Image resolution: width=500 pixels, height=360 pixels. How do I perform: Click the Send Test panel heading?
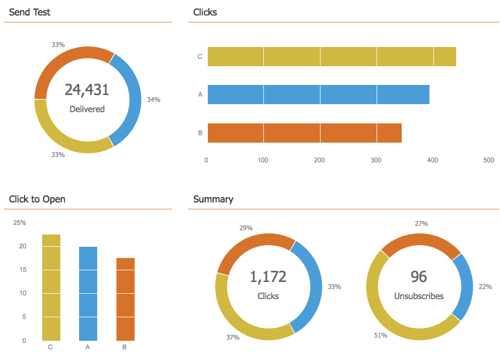[x=29, y=12]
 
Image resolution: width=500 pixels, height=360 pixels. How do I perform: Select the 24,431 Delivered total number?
[x=87, y=90]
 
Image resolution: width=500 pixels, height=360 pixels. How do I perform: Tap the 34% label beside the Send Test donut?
[x=153, y=99]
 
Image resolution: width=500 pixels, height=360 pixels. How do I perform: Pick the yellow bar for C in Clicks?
[x=331, y=57]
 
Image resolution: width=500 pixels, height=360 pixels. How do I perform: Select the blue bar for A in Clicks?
[x=318, y=95]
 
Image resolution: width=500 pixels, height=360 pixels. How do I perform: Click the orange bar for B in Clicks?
[x=304, y=133]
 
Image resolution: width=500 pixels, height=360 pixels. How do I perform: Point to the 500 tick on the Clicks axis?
[x=488, y=160]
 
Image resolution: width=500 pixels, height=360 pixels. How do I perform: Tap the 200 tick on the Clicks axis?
[x=319, y=160]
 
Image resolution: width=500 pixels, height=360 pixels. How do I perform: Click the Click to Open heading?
[x=37, y=199]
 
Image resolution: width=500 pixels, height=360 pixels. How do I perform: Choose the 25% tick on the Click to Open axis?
[x=20, y=223]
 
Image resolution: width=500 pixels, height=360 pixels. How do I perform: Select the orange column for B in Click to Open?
[x=126, y=299]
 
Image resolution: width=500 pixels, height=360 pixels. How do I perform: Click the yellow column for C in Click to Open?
[x=51, y=287]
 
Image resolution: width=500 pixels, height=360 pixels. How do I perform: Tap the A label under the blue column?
[x=88, y=347]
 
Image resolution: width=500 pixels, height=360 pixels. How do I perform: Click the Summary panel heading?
[x=213, y=199]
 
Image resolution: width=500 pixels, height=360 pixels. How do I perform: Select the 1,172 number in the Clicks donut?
[x=268, y=277]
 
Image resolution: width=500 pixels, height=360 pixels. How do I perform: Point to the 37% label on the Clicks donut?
[x=232, y=337]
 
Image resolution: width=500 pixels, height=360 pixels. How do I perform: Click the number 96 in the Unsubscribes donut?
[x=419, y=277]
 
